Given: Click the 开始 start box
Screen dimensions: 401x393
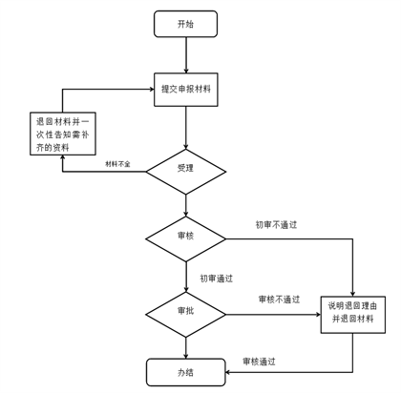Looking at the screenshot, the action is [x=185, y=24].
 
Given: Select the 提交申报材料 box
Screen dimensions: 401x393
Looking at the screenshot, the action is [x=186, y=90].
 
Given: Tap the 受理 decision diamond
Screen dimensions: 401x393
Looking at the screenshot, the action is [x=186, y=172].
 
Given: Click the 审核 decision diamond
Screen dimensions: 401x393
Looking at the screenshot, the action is [x=186, y=239].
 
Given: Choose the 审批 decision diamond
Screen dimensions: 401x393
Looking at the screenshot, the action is [x=186, y=315].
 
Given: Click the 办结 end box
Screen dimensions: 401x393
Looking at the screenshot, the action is [x=186, y=372].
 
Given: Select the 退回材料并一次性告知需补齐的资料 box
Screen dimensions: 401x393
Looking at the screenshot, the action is [x=63, y=134].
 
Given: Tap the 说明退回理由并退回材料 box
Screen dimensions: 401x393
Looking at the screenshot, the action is [x=353, y=315].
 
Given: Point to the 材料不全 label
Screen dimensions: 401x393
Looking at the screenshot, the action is [x=117, y=164].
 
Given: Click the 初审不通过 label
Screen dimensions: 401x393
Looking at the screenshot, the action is [x=276, y=225].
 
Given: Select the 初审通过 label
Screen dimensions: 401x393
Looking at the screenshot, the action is [x=216, y=279].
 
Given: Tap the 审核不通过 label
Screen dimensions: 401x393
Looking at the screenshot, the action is [x=279, y=300].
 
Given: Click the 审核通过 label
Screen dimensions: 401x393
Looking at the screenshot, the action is [x=259, y=362].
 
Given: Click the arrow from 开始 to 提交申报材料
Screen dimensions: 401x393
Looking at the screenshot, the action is [x=186, y=55].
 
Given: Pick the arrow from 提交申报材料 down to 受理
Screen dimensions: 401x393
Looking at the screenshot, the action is [x=186, y=128].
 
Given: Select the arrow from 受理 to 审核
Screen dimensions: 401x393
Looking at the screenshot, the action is [x=186, y=206].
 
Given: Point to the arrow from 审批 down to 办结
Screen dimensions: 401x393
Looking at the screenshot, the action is [x=186, y=348].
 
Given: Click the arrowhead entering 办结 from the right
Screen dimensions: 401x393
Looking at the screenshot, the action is [x=227, y=372].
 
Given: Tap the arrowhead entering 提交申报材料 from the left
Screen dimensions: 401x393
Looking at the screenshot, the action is [x=152, y=90].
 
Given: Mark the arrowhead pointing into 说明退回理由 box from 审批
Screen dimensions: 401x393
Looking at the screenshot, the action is [x=318, y=315].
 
